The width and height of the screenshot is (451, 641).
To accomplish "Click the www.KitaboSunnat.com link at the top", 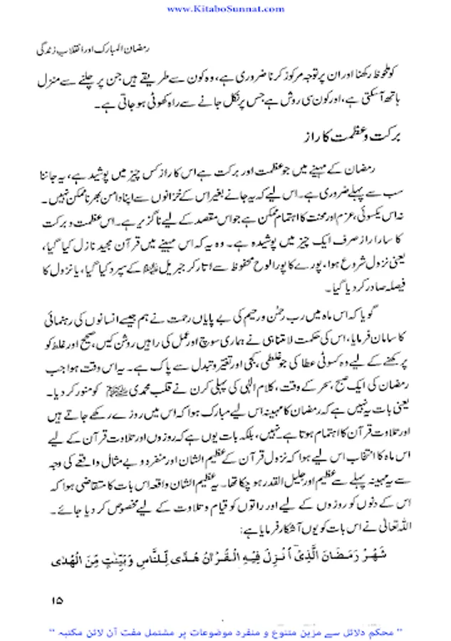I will pyautogui.click(x=225, y=8).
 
